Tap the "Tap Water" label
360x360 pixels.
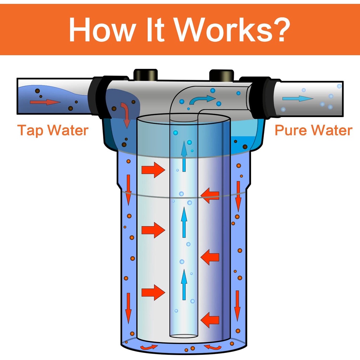53,130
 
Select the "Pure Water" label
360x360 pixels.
313,130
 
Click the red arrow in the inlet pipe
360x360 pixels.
45,102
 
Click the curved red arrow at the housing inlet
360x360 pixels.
125,114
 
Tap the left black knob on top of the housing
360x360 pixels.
146,75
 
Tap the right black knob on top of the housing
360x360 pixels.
221,75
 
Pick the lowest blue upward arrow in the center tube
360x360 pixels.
184,284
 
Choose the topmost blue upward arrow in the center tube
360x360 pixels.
184,155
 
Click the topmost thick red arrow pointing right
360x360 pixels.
153,171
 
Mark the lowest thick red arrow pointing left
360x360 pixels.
210,320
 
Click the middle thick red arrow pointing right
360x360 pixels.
153,231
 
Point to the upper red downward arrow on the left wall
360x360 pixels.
128,190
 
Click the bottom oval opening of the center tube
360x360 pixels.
183,336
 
